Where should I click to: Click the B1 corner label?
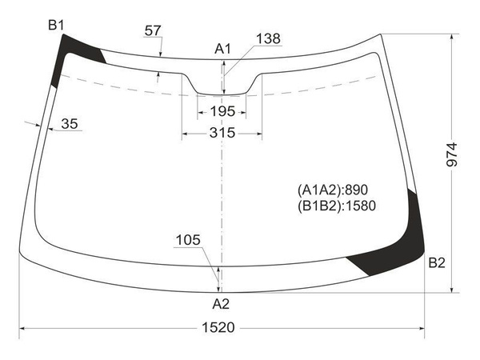point(56,25)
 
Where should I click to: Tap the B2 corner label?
point(437,262)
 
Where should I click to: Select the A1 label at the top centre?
point(222,49)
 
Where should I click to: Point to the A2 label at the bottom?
point(221,304)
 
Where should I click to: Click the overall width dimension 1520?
point(218,327)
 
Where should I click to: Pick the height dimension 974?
point(451,154)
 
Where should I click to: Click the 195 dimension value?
point(222,111)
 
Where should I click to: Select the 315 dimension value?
point(222,133)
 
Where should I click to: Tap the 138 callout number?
point(268,39)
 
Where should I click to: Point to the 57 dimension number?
point(153,30)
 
